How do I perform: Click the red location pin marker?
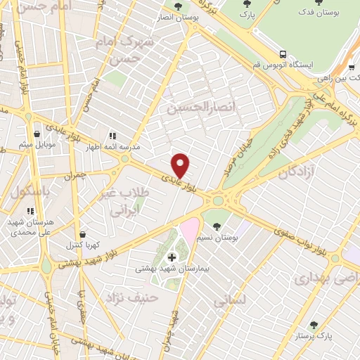point(181,165)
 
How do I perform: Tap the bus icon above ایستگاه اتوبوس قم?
point(283,53)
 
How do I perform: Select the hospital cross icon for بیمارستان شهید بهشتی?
point(172,258)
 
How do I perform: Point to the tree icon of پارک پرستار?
point(314,325)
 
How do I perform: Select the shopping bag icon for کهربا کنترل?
point(84,235)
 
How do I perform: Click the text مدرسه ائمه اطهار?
point(112,148)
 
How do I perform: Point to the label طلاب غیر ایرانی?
point(129,201)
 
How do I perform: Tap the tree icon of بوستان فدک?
point(319,4)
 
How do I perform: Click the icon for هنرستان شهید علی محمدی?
point(30,210)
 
